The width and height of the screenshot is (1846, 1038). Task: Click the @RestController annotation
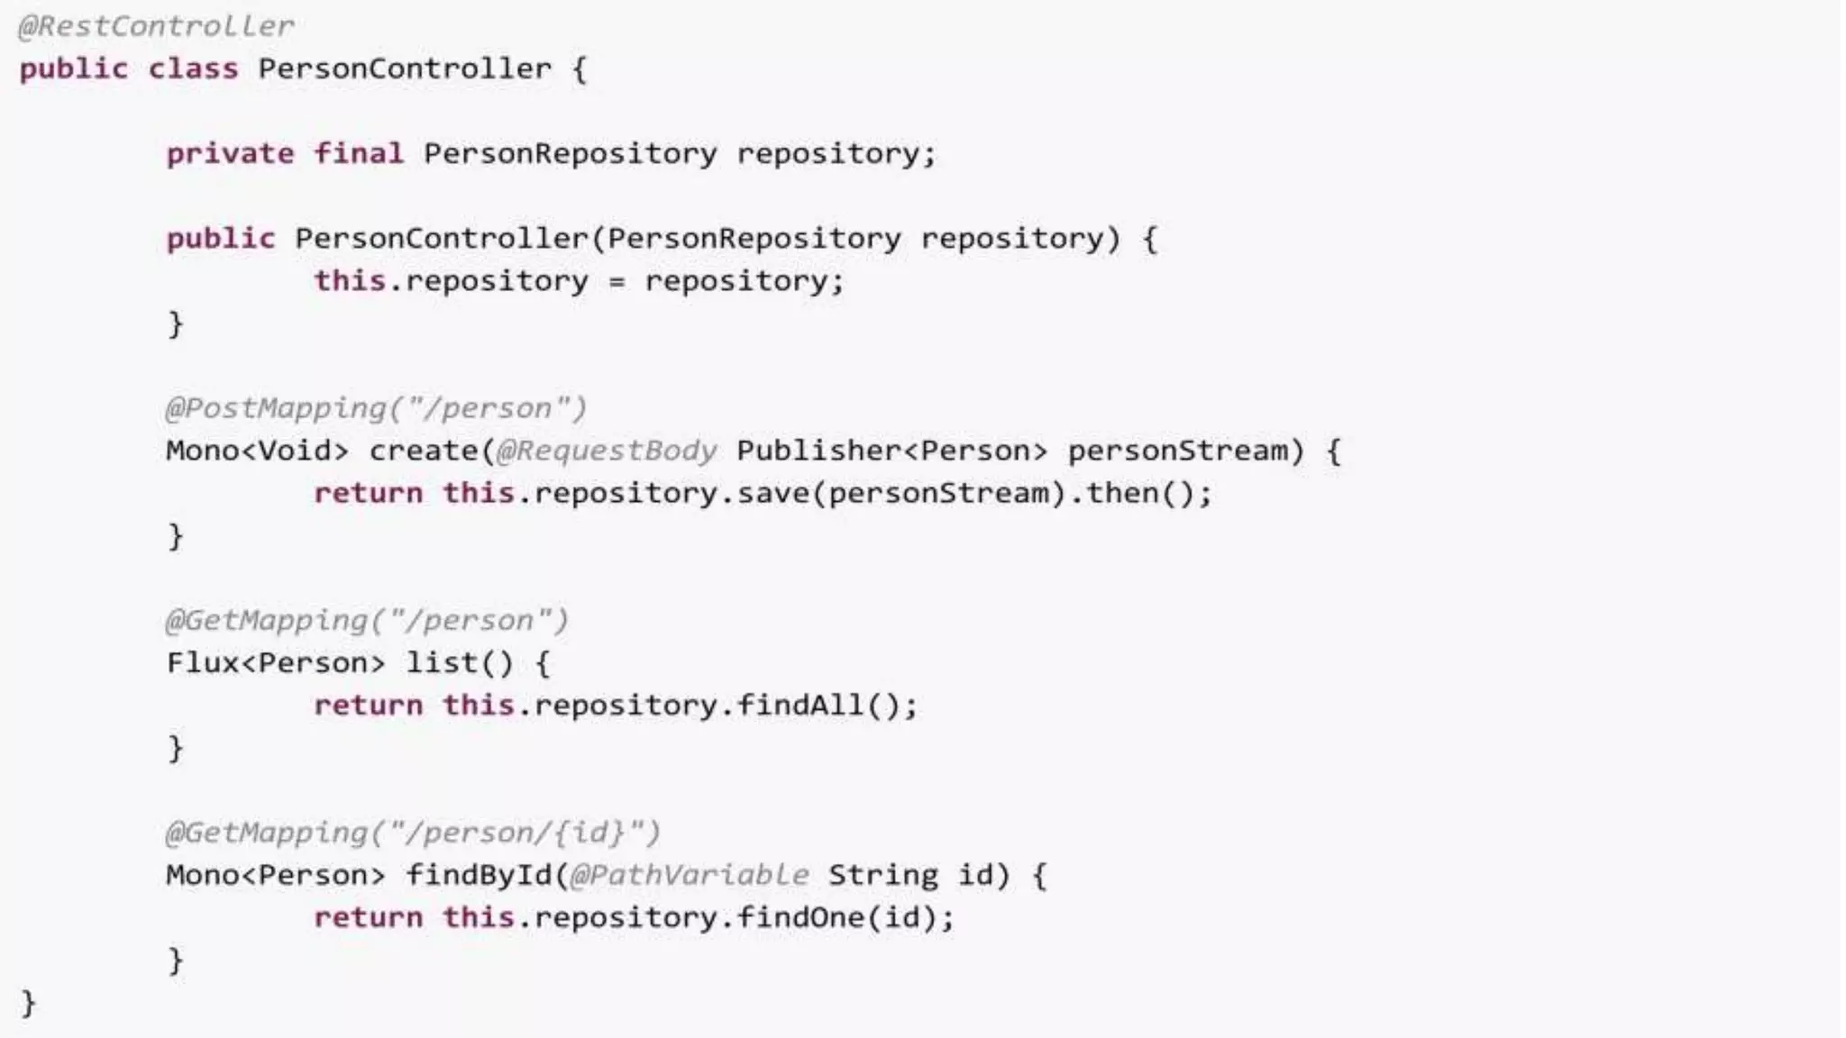[156, 26]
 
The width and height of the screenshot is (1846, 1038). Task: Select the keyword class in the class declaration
[193, 68]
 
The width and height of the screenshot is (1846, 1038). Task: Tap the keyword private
[230, 153]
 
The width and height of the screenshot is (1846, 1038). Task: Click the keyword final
[358, 153]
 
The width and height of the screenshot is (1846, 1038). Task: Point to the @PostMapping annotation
[375, 408]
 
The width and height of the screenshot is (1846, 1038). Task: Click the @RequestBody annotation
[606, 451]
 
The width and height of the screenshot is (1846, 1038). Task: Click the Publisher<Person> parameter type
[891, 451]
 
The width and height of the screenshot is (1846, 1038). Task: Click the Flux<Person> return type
[275, 663]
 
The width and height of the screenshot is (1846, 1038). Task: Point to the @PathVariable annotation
[689, 875]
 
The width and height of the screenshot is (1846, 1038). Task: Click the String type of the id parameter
[882, 875]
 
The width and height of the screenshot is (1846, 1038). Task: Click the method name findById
[477, 875]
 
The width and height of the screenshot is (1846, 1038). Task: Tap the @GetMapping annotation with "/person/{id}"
[412, 833]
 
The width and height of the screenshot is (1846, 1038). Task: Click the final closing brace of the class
[28, 1003]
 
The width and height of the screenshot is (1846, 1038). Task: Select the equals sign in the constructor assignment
[617, 282]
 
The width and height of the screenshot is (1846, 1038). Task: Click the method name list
[440, 663]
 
